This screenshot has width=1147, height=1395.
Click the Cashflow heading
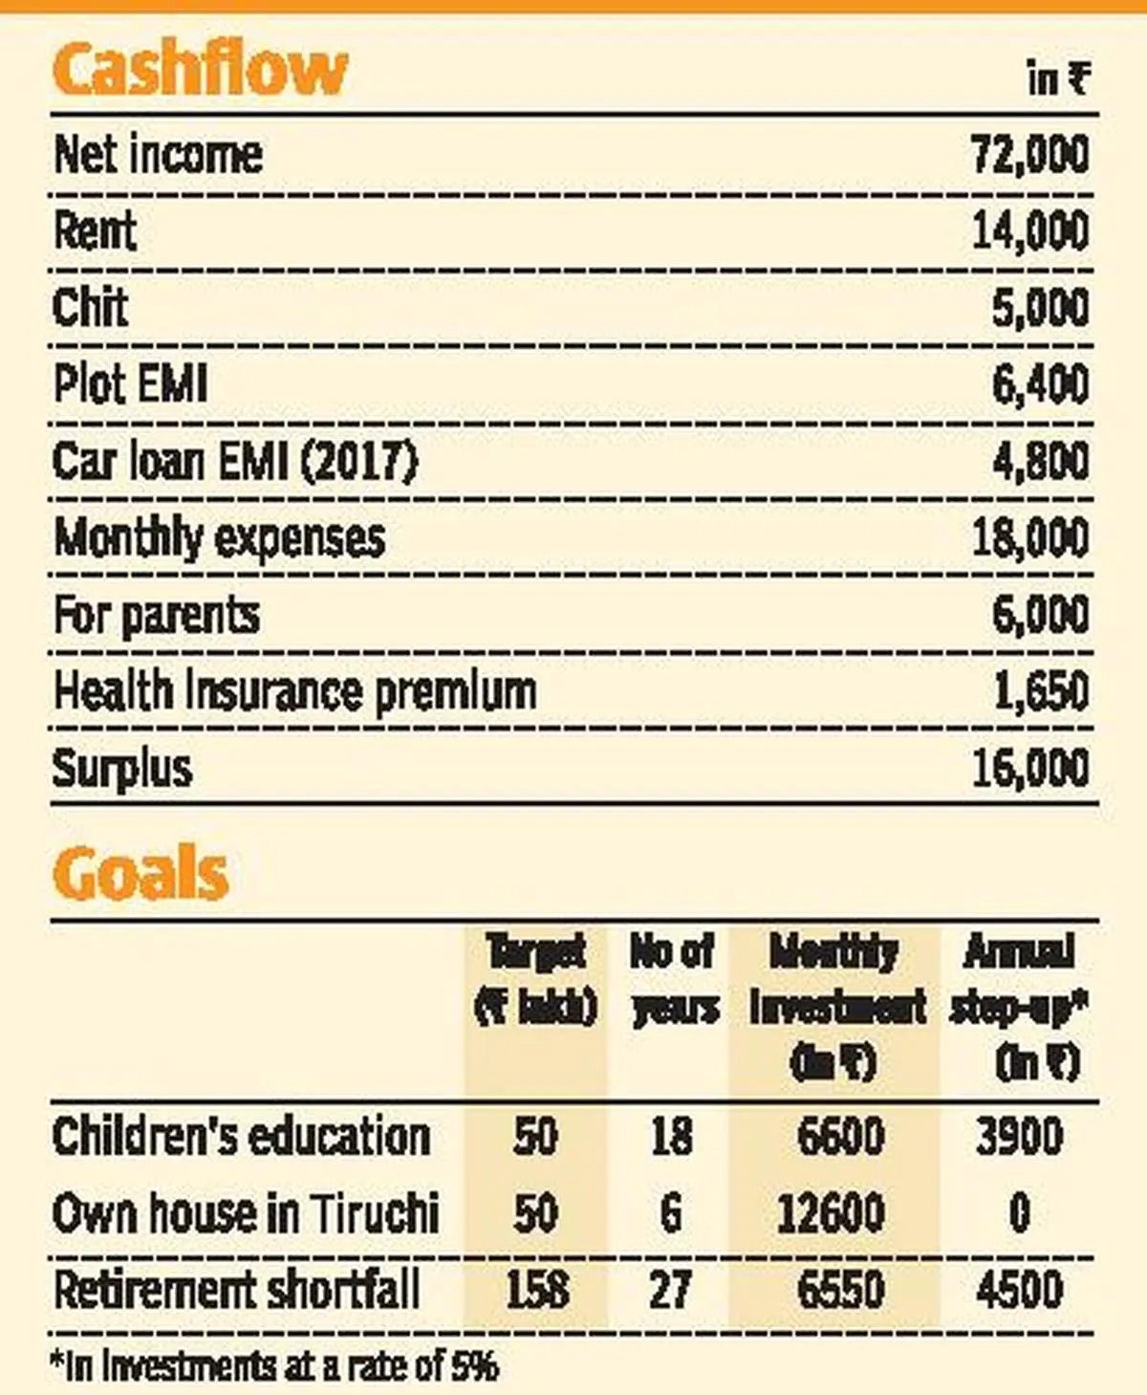(200, 69)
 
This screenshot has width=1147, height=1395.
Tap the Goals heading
(141, 873)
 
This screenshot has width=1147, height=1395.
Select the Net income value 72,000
(1029, 155)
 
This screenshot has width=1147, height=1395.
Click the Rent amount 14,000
(1029, 231)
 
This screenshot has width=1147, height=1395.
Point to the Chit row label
(90, 308)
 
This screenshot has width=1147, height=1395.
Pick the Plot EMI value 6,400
(1040, 384)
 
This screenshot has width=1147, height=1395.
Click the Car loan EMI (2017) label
(235, 462)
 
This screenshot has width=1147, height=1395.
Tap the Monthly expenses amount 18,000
(1029, 538)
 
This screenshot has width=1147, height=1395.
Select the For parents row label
(156, 615)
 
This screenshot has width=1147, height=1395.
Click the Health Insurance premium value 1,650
(1040, 691)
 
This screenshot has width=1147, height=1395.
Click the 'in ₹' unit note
(1057, 78)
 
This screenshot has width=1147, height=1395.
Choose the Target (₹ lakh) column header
(536, 979)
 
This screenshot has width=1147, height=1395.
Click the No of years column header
(673, 979)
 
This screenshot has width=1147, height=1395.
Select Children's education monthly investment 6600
(840, 1137)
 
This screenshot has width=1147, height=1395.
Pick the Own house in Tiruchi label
(246, 1213)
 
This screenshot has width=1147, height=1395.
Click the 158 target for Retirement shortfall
(536, 1290)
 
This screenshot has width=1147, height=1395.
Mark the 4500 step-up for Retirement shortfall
(1019, 1290)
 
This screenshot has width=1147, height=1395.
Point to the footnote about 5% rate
(275, 1365)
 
